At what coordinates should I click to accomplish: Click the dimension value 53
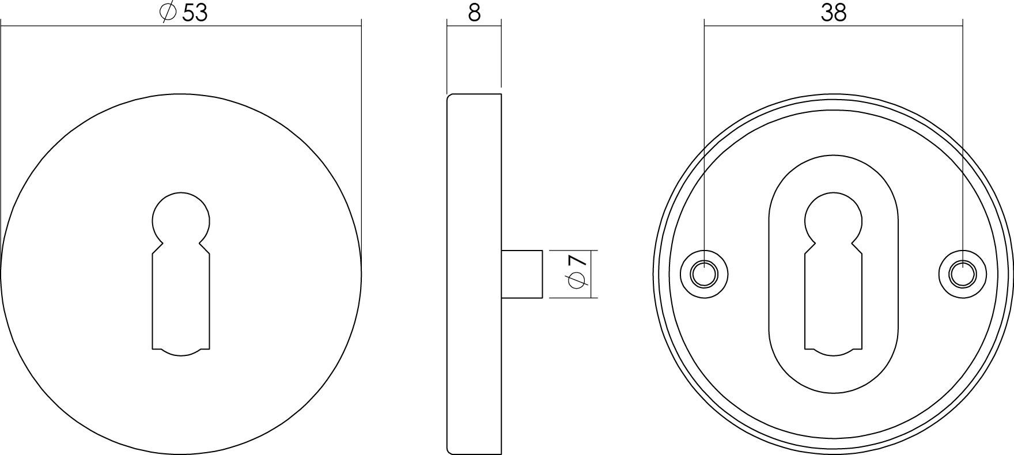pyautogui.click(x=195, y=13)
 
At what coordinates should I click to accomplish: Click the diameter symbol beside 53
pyautogui.click(x=167, y=13)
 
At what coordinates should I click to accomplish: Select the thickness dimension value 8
pyautogui.click(x=474, y=13)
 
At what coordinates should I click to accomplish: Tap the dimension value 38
pyautogui.click(x=834, y=13)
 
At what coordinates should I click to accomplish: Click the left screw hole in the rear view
pyautogui.click(x=704, y=274)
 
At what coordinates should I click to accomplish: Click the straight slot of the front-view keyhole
pyautogui.click(x=181, y=299)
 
